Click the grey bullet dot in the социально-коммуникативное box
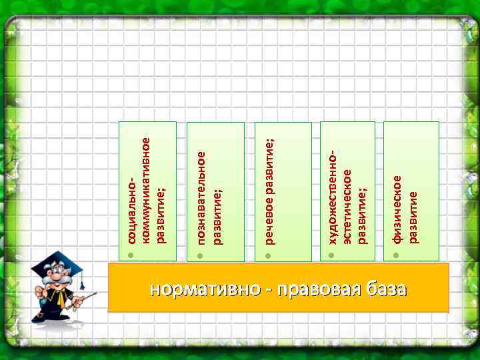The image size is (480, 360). click(132, 255)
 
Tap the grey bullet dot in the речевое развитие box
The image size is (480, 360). click(269, 255)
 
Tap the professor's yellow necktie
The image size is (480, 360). click(61, 299)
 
